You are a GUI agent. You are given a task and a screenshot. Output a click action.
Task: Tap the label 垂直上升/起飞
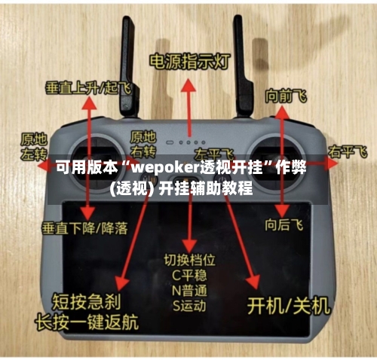87,87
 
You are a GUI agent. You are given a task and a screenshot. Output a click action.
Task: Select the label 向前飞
285,96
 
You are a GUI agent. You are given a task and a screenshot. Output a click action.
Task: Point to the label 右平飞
347,153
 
